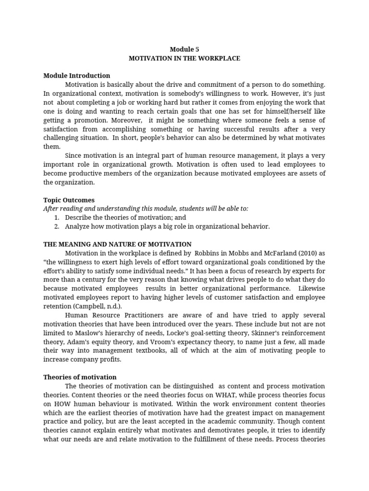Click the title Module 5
click(x=184, y=49)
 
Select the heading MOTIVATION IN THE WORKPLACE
click(x=184, y=58)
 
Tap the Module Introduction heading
click(x=76, y=76)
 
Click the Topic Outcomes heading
click(x=69, y=200)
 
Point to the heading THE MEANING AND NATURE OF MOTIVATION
click(x=117, y=244)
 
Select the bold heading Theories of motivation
click(x=80, y=377)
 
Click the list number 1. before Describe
click(x=57, y=218)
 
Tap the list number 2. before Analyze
click(x=57, y=226)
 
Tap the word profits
click(x=110, y=360)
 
